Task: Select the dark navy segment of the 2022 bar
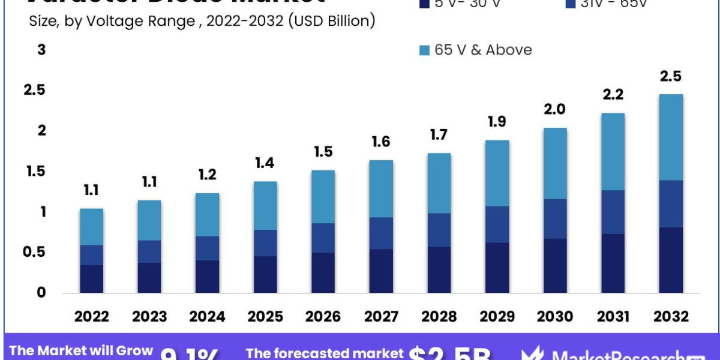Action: tap(92, 279)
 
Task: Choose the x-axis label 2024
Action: tap(208, 316)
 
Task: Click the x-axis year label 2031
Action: tap(613, 316)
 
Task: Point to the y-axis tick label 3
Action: tap(41, 50)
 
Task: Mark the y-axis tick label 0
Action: tap(41, 293)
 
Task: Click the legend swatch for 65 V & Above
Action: tap(424, 50)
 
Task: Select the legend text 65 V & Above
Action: tap(483, 50)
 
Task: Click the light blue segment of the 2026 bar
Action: tap(323, 197)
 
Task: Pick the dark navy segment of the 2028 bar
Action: tap(439, 270)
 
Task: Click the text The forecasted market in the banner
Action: tap(325, 353)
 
